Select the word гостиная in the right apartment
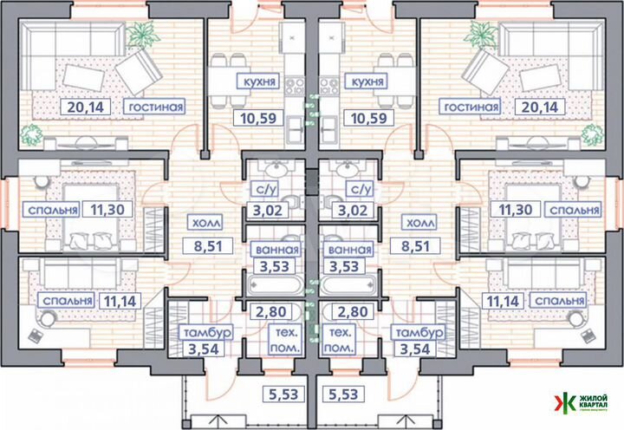(470, 107)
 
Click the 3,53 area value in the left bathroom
(268, 270)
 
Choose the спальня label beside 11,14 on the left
(66, 301)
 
